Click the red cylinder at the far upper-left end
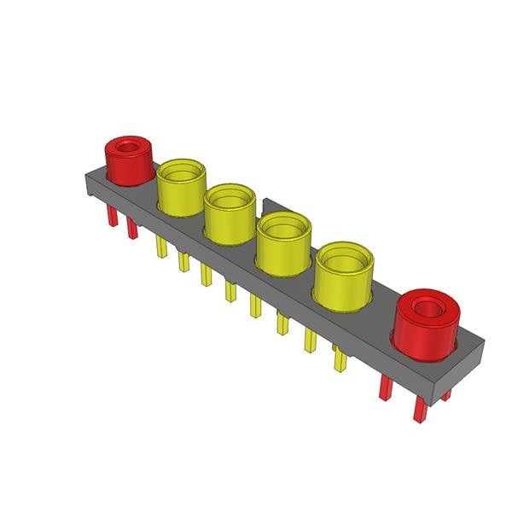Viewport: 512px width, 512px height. point(128,162)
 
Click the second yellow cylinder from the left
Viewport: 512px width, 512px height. point(230,213)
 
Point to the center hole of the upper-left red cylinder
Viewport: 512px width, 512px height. point(129,146)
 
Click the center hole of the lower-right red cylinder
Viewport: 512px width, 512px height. point(428,304)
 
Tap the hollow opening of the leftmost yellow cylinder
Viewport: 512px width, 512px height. point(182,172)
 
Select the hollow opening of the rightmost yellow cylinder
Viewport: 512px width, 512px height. point(345,258)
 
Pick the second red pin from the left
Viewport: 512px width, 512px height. point(131,228)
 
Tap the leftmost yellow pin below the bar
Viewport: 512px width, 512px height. point(160,247)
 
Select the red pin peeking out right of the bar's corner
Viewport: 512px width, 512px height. point(446,395)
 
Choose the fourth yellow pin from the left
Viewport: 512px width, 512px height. point(230,291)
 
